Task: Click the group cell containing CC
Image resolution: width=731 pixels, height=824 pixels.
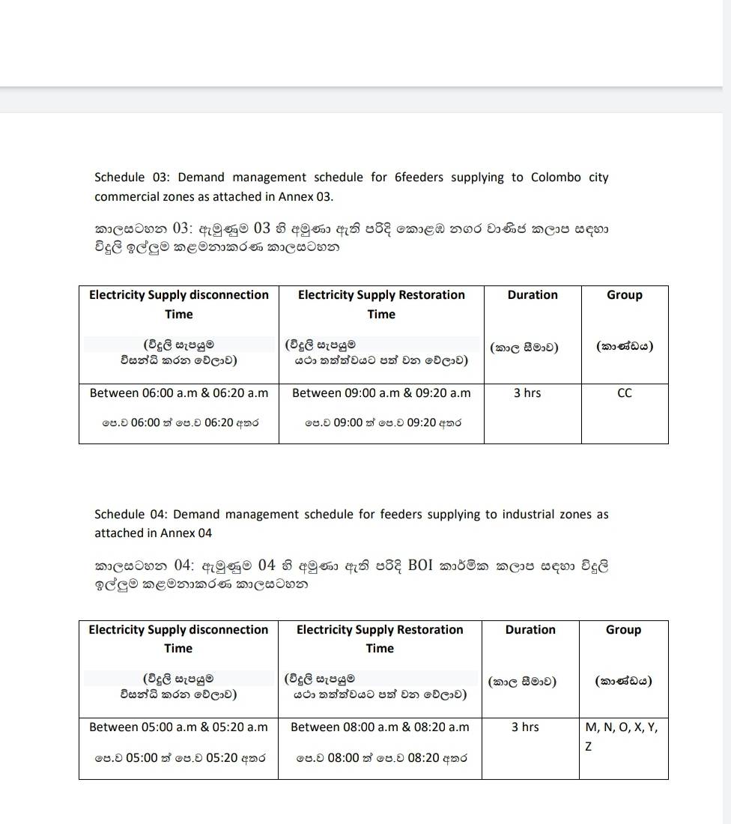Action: (624, 393)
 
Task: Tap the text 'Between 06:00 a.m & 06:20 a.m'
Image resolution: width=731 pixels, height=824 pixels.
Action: (178, 393)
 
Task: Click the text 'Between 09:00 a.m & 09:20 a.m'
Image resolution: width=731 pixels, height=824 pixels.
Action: (381, 393)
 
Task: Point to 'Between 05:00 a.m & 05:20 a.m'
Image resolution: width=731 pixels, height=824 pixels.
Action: (178, 727)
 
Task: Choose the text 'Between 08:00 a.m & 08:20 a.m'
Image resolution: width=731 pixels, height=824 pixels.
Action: (380, 727)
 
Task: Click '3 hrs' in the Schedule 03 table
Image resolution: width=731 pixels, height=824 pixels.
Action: (527, 393)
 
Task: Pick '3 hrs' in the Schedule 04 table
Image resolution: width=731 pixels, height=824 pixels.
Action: (525, 727)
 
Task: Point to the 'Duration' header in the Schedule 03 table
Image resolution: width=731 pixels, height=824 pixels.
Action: (533, 295)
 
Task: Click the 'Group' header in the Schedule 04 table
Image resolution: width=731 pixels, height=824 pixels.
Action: (623, 630)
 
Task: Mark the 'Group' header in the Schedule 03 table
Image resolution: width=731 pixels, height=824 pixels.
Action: (625, 295)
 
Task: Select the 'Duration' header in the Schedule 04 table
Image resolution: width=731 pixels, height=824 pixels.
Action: (530, 630)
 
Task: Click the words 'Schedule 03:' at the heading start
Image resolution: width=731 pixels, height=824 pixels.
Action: (131, 178)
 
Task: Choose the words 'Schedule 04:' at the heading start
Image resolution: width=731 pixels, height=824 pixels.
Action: (131, 515)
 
